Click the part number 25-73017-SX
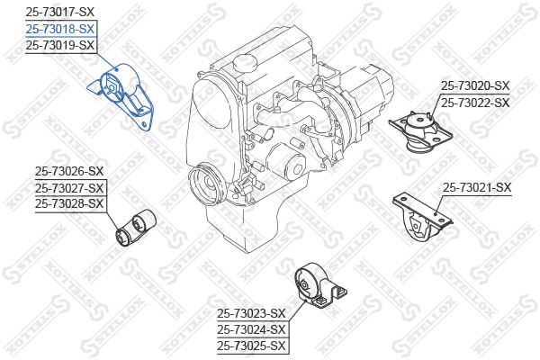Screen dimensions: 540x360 [x=60, y=12]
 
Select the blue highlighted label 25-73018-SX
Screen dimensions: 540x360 [x=60, y=29]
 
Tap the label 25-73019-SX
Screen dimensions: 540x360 [x=60, y=45]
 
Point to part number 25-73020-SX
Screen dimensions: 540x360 [x=475, y=85]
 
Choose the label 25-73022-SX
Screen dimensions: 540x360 [x=475, y=103]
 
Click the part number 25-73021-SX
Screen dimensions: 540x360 [x=477, y=188]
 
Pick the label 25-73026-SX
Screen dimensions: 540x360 [x=69, y=171]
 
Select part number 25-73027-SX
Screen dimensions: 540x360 [x=69, y=188]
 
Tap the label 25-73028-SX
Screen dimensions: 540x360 [x=69, y=203]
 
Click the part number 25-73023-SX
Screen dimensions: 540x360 [x=251, y=313]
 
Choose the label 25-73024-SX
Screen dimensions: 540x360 [x=251, y=329]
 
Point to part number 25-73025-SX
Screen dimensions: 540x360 [x=251, y=346]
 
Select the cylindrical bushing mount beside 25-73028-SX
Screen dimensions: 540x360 [x=135, y=228]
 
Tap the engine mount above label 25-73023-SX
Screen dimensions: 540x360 [x=320, y=286]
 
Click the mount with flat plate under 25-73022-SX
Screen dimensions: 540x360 [x=420, y=131]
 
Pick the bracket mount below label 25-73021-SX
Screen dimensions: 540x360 [x=422, y=219]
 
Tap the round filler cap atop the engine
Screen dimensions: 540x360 [x=245, y=62]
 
